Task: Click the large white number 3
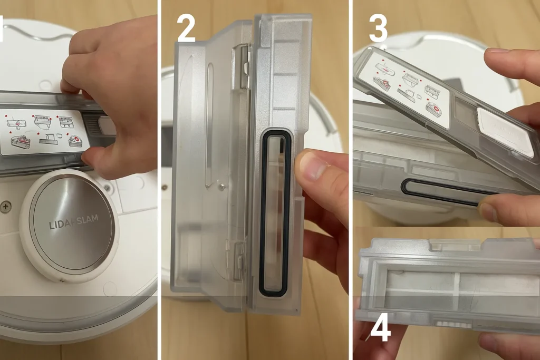coord(378,29)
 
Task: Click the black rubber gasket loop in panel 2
coord(274,211)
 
